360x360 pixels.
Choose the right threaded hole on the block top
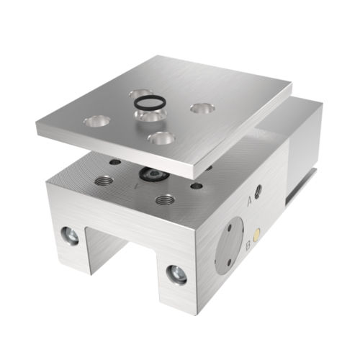pyautogui.click(x=166, y=198)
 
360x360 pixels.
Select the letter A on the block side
pyautogui.click(x=249, y=200)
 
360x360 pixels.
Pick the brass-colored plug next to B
pyautogui.click(x=257, y=235)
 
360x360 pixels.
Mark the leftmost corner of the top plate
pyautogui.click(x=37, y=126)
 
